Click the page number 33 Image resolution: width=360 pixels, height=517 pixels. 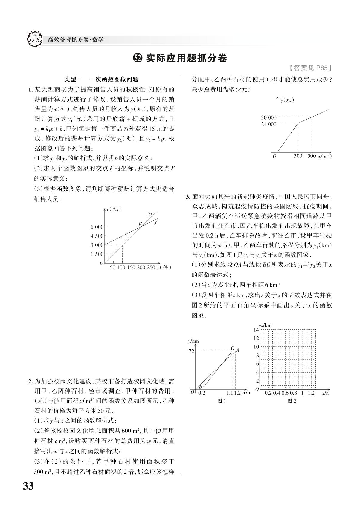[28, 486]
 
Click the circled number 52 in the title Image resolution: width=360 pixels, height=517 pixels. [138, 58]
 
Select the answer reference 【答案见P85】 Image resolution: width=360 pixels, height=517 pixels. [310, 68]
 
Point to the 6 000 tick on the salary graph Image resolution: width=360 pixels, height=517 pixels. [97, 227]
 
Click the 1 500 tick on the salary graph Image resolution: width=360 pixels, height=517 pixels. [97, 254]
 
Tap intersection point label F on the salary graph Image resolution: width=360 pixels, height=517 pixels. [139, 224]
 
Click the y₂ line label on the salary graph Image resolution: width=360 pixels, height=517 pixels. [150, 213]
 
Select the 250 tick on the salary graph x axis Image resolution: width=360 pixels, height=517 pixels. [151, 267]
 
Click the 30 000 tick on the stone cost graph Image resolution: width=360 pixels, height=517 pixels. [269, 117]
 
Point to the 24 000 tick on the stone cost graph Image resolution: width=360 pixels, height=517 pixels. [269, 124]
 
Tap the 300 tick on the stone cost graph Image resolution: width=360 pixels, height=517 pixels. [298, 156]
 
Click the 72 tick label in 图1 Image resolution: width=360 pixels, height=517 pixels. [191, 351]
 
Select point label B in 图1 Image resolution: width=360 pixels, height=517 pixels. [201, 387]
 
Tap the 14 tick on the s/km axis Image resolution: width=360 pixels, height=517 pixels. [256, 330]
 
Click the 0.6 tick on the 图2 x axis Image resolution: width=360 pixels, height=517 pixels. [285, 393]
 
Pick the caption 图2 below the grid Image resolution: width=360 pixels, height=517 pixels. [292, 401]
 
